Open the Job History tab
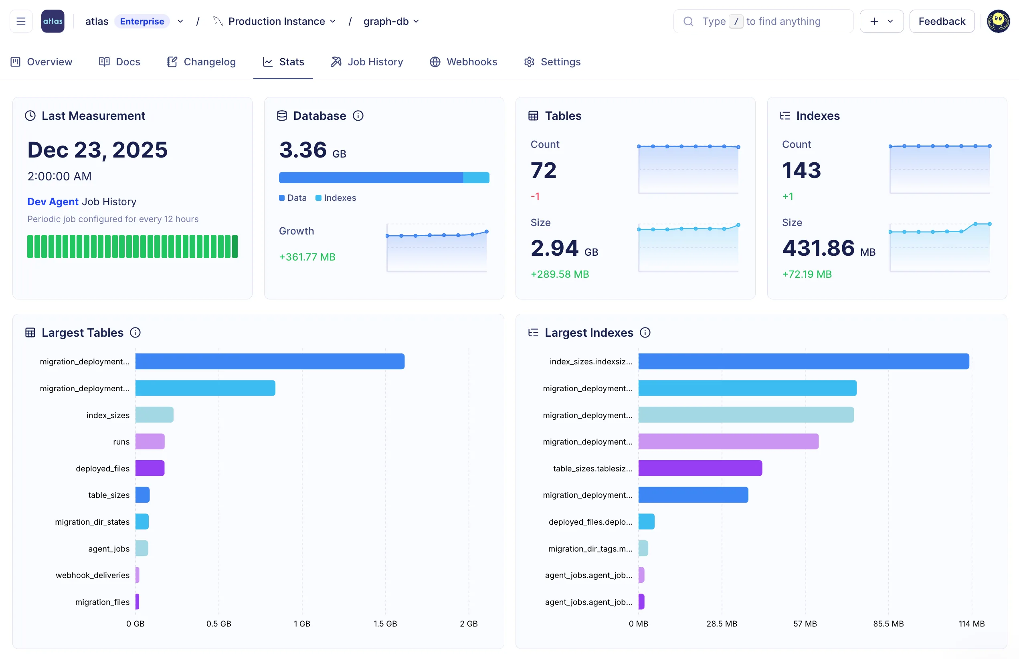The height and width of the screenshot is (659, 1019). tap(367, 62)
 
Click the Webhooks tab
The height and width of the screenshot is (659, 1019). tap(463, 62)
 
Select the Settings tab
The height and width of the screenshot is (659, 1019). tap(552, 62)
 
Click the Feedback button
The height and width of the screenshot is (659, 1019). tap(942, 21)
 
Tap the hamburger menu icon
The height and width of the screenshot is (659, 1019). tap(21, 21)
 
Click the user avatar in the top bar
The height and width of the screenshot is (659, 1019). tap(998, 21)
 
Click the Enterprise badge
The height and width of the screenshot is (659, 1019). tap(142, 21)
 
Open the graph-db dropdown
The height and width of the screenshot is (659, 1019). tap(391, 21)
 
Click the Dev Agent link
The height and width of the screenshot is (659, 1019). tap(53, 202)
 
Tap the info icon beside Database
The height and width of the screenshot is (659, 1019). tap(358, 115)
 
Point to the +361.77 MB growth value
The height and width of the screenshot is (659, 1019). tap(307, 257)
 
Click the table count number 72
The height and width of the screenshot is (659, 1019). tap(544, 170)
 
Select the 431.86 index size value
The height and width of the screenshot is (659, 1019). tap(818, 248)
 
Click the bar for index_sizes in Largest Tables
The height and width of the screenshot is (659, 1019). tap(154, 414)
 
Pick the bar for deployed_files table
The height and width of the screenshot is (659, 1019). tap(150, 468)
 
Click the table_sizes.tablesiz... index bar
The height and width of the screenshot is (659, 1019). tap(700, 468)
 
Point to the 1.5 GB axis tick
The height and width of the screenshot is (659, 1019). tap(385, 623)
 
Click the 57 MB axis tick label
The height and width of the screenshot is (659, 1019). tap(805, 623)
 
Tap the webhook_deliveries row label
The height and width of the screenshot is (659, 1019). tap(93, 575)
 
